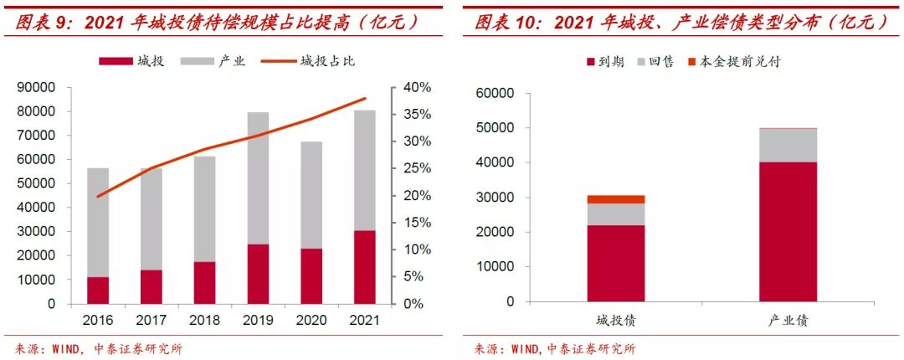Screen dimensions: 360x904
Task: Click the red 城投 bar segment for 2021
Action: pyautogui.click(x=364, y=267)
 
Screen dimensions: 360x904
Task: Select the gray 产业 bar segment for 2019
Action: pyautogui.click(x=259, y=177)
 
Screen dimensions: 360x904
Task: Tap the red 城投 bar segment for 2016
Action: pyautogui.click(x=99, y=290)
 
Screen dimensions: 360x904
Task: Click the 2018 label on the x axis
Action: pyautogui.click(x=205, y=321)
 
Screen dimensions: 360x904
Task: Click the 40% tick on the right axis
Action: pyautogui.click(x=413, y=87)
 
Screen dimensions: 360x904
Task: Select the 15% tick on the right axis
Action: pyautogui.click(x=413, y=223)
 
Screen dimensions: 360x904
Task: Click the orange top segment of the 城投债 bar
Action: pyautogui.click(x=615, y=199)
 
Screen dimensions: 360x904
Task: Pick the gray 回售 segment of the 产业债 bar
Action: pyautogui.click(x=788, y=145)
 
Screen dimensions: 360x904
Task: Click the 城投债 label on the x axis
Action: pyautogui.click(x=615, y=321)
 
